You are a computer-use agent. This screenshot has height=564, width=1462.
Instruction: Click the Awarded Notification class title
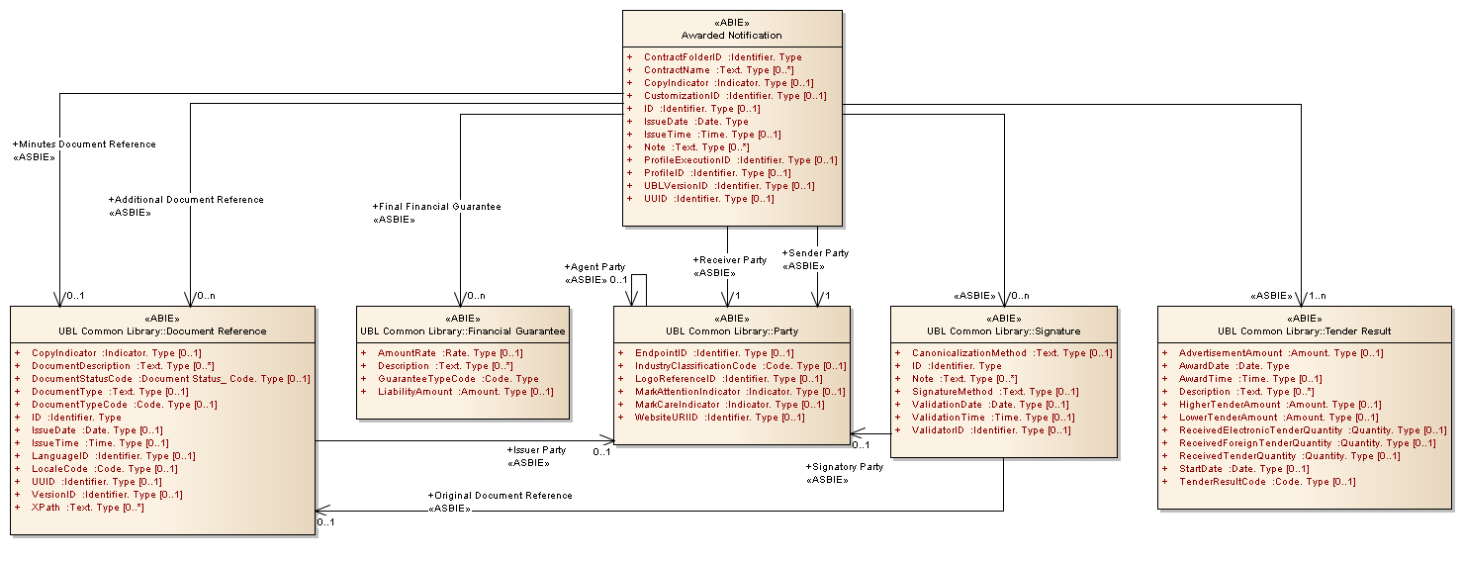coord(732,36)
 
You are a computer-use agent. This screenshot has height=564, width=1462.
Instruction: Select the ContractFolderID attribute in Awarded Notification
coord(722,57)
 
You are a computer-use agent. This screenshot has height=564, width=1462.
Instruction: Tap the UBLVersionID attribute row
coord(728,186)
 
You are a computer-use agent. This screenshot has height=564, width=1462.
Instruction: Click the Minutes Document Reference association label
coord(84,144)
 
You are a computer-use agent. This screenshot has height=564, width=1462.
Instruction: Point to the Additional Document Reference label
coord(186,200)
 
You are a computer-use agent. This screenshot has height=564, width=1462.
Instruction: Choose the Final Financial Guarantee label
coord(436,207)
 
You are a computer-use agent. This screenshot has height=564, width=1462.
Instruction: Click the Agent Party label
coord(594,267)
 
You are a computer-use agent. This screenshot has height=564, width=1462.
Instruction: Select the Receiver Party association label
coord(730,260)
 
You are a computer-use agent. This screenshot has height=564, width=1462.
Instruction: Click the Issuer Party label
coord(536,450)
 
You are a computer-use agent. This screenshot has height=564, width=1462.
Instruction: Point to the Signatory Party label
coord(845,467)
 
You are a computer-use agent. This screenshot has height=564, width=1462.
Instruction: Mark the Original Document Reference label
coord(500,496)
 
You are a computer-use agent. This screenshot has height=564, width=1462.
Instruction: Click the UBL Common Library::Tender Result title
coord(1305,330)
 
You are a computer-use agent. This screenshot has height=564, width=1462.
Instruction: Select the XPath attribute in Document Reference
coord(87,508)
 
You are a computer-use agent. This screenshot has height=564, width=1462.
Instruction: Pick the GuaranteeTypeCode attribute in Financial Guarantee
coord(457,379)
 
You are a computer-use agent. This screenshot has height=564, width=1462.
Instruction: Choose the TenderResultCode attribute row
coord(1266,482)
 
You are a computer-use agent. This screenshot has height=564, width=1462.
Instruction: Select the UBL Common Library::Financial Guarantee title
coord(463,330)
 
